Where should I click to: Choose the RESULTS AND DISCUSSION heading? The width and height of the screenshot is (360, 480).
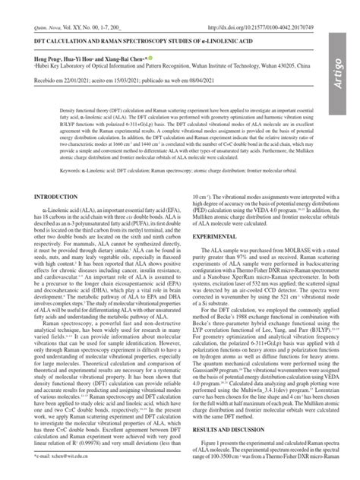(x=227, y=429)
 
